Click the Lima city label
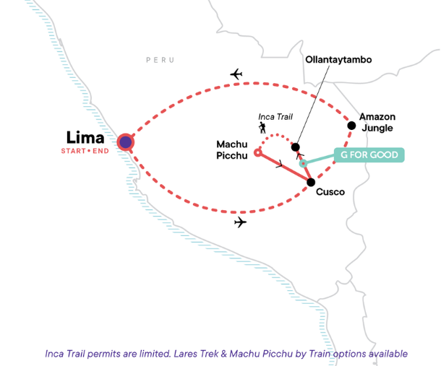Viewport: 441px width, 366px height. pos(85,137)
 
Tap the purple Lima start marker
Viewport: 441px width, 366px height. pos(125,142)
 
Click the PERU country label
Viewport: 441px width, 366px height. pos(160,60)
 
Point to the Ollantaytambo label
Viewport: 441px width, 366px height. pos(338,60)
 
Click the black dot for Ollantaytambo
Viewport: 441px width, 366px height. pos(295,147)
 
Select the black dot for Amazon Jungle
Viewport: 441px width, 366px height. pos(351,126)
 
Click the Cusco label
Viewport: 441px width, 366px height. pos(330,192)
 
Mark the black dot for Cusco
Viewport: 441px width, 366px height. pos(310,183)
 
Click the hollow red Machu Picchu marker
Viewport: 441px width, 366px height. pos(258,152)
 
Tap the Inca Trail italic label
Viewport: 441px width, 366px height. pos(275,117)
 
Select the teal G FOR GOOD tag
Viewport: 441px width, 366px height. pos(369,155)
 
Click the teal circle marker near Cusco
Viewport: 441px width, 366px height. pos(304,164)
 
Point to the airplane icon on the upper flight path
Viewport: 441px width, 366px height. pos(235,74)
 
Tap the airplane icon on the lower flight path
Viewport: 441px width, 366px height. pos(240,223)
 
